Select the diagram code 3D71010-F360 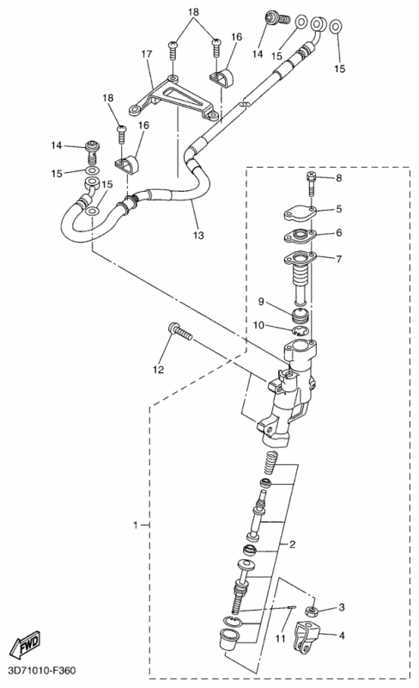(39, 671)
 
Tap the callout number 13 (198, 236)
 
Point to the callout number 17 (146, 54)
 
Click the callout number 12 (158, 370)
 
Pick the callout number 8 (339, 178)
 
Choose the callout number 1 (136, 525)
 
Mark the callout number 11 (281, 638)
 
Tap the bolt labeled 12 (179, 331)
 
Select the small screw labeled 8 (311, 185)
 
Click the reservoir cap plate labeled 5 (301, 213)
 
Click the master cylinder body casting (286, 390)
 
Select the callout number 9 (261, 302)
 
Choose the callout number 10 (258, 325)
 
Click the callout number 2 (292, 544)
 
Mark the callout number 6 (339, 232)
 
